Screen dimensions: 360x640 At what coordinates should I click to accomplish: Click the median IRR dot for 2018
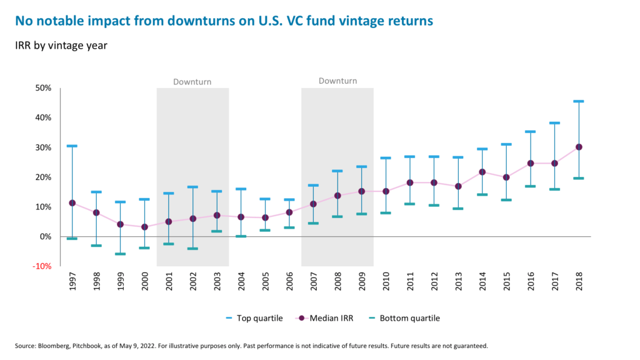tap(579, 147)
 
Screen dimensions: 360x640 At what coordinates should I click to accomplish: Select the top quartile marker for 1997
tap(72, 146)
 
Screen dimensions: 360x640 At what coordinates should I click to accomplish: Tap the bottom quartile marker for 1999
tap(120, 254)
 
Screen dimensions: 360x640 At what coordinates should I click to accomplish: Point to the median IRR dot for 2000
tap(144, 227)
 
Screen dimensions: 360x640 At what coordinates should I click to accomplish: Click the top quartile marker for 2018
tap(579, 101)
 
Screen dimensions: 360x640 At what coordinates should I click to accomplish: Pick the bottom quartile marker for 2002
tap(192, 249)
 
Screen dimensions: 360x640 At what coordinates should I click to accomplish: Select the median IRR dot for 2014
tap(482, 172)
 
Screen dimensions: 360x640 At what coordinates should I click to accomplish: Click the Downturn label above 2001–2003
tap(192, 82)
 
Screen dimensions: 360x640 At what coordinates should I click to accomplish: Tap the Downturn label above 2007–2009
tap(337, 81)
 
